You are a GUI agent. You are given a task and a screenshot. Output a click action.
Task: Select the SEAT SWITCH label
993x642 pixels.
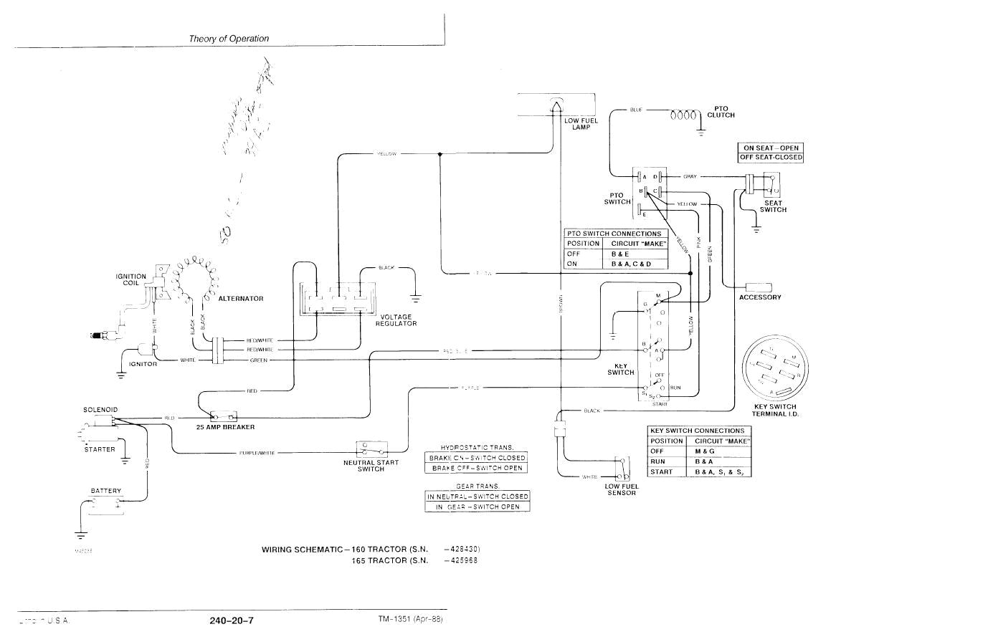click(x=774, y=206)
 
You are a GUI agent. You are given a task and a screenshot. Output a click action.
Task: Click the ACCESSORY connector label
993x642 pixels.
click(x=760, y=297)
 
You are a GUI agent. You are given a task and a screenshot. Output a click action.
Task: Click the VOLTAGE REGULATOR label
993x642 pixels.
click(x=396, y=320)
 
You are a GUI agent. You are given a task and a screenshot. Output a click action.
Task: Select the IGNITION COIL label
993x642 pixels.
click(x=131, y=279)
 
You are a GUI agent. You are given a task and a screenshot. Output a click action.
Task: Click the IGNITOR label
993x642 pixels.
click(x=143, y=364)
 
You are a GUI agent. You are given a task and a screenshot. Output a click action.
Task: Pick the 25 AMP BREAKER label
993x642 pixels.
click(x=225, y=427)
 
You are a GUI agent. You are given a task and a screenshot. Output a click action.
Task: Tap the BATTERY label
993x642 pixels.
click(x=106, y=491)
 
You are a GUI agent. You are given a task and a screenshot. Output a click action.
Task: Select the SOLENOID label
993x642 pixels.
click(x=100, y=410)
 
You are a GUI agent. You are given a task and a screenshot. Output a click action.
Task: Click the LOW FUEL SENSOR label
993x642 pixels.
click(x=621, y=489)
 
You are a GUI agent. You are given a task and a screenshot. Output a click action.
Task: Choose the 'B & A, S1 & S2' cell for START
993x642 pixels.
click(x=718, y=472)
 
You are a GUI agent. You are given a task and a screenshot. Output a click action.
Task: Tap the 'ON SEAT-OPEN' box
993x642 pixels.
click(x=771, y=148)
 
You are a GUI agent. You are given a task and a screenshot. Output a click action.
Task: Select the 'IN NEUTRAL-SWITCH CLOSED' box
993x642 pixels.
click(x=477, y=497)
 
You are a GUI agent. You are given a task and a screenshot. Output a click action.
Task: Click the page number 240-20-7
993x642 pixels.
click(x=232, y=621)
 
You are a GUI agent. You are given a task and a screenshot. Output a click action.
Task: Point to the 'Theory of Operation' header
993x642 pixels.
click(x=229, y=39)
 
